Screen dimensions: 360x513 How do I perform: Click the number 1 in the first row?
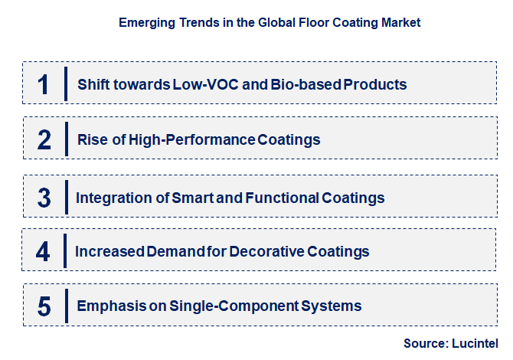click(x=44, y=83)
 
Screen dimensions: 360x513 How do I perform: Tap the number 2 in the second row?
click(x=44, y=139)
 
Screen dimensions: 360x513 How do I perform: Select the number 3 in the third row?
click(x=44, y=198)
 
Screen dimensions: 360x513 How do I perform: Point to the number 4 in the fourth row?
click(x=44, y=251)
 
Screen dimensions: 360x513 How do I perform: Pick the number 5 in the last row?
click(x=44, y=306)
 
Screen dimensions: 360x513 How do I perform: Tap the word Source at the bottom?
click(x=426, y=343)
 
